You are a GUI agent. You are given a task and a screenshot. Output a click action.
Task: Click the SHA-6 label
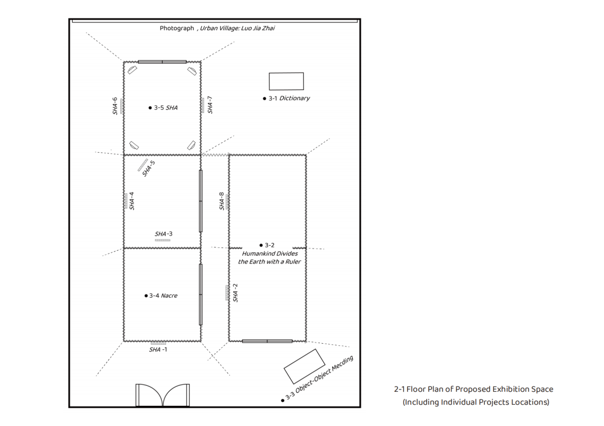[115, 106]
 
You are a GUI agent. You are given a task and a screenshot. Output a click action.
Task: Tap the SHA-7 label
[210, 105]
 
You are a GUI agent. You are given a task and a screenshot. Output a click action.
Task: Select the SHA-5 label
[149, 168]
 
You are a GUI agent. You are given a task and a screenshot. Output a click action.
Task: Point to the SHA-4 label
[132, 201]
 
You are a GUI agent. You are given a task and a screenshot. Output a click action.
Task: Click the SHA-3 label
[164, 233]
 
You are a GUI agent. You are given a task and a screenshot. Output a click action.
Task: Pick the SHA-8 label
[222, 201]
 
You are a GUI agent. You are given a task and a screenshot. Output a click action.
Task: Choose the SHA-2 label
[235, 293]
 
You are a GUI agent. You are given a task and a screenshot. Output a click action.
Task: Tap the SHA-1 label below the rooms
[158, 350]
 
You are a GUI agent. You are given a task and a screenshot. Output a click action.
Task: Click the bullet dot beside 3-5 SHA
[150, 108]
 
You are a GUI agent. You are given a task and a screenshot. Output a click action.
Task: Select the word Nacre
[169, 296]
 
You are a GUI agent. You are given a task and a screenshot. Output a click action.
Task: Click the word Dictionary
[294, 99]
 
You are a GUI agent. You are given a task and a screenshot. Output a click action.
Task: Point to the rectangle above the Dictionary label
[286, 81]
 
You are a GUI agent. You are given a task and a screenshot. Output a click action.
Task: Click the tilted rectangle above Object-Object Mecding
[305, 366]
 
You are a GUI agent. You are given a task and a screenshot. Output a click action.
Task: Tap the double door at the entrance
[163, 395]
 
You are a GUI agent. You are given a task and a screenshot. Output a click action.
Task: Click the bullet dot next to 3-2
[261, 245]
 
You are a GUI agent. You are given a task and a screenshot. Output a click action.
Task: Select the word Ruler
[293, 262]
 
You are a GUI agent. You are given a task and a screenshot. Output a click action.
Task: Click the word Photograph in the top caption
[177, 28]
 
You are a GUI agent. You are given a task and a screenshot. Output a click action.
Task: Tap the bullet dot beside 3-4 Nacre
[146, 296]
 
